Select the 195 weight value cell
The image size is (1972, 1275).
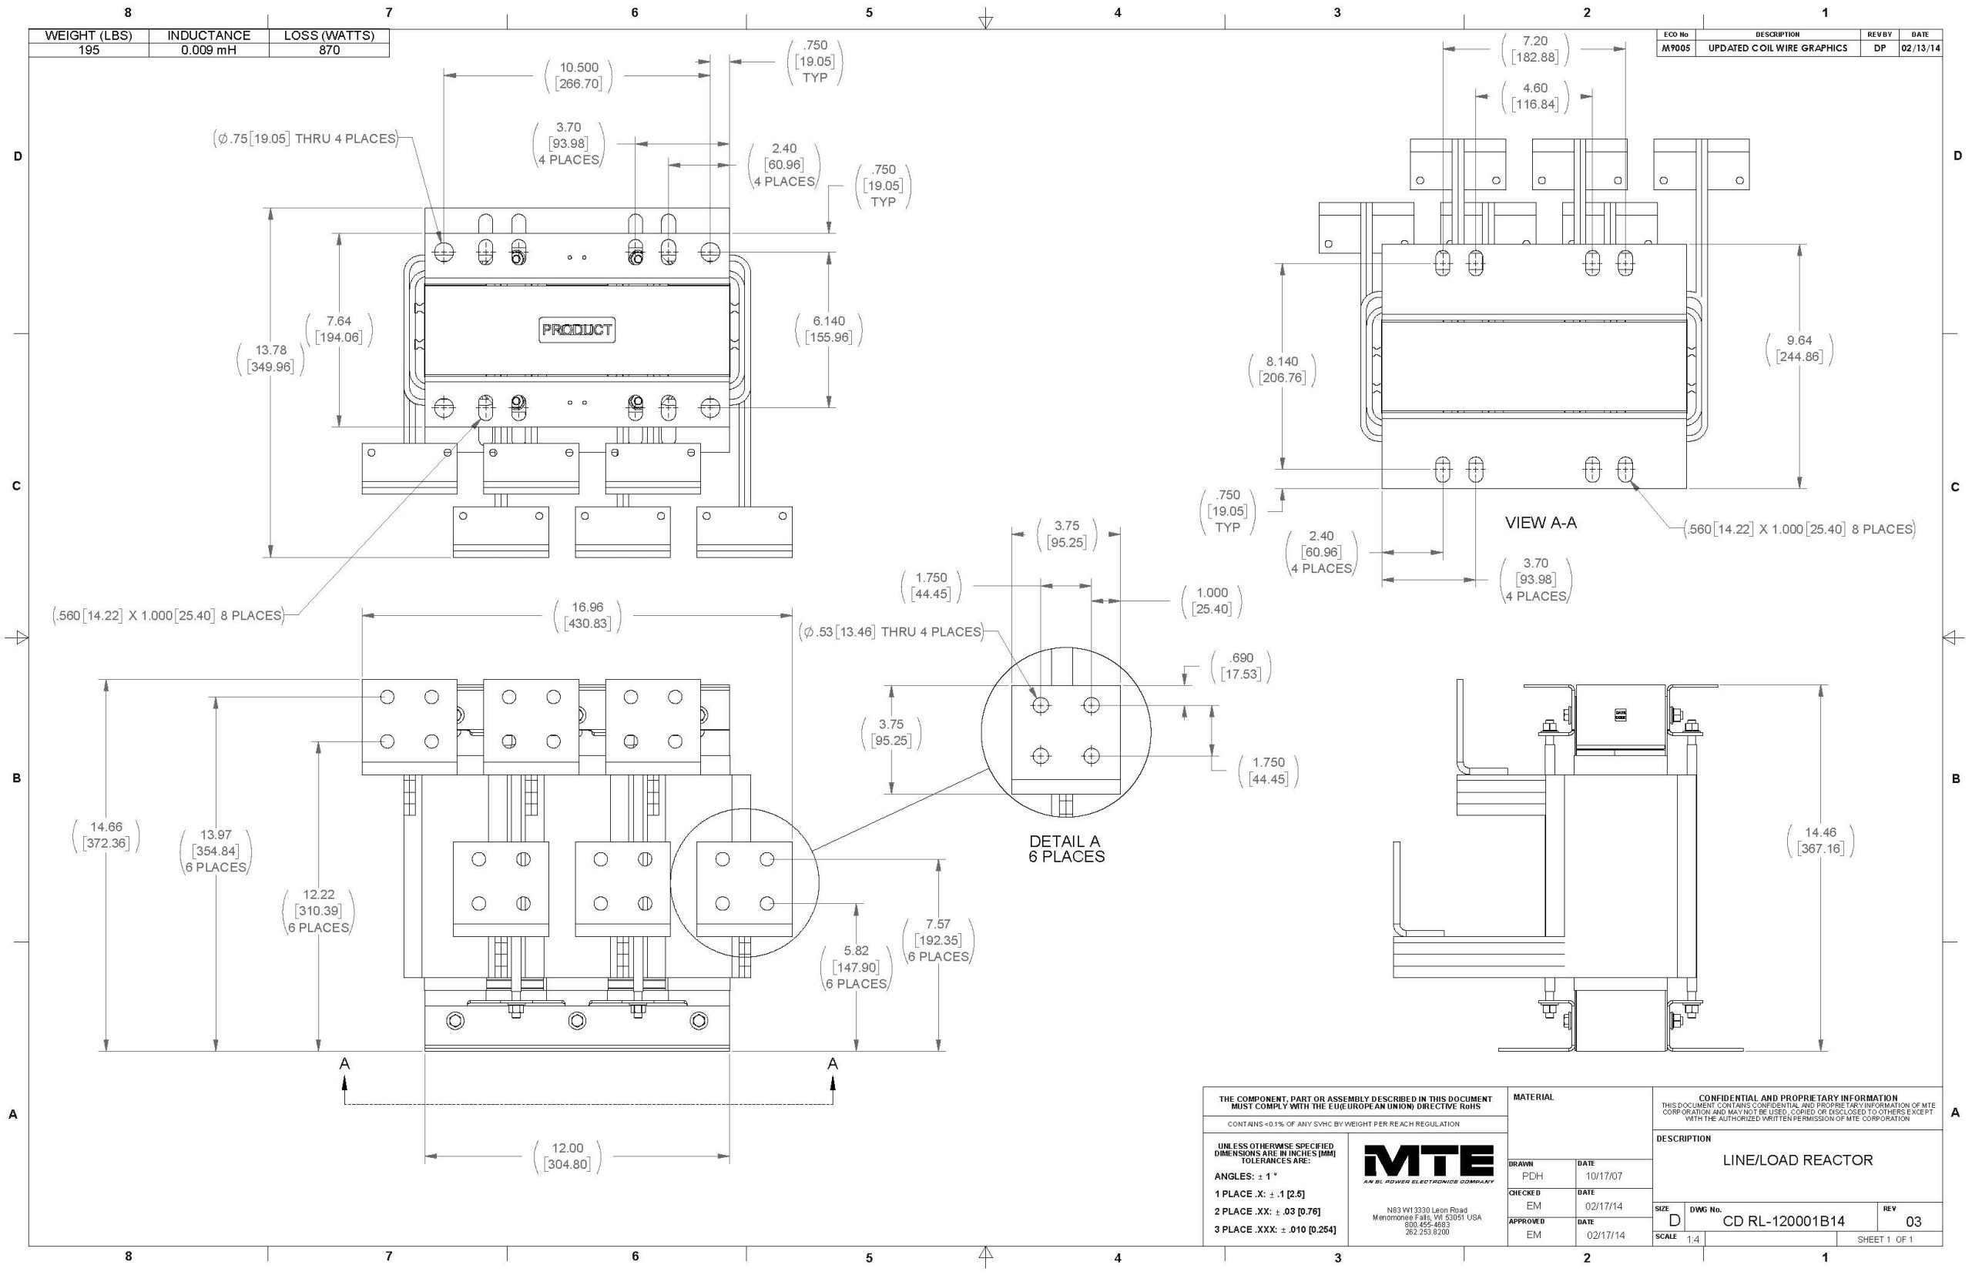coord(89,50)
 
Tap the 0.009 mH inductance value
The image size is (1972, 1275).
coord(209,50)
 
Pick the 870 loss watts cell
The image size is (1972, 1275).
coord(329,50)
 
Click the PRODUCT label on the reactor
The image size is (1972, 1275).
coord(577,330)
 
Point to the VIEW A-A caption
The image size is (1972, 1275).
coord(1540,523)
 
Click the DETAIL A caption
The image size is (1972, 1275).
coord(1066,848)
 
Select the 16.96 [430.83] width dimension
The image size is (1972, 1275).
coord(587,615)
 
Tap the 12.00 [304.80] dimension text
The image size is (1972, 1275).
coord(567,1156)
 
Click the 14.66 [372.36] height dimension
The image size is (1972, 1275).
coord(106,835)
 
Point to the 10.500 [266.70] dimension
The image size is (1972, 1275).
coord(579,75)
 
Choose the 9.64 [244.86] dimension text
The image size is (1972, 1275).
coord(1799,349)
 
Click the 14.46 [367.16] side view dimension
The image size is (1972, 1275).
coord(1820,840)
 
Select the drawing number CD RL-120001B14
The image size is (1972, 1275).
coord(1783,1221)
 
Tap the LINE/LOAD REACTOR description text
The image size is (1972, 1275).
coord(1797,1160)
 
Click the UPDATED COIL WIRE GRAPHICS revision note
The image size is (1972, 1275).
coord(1777,48)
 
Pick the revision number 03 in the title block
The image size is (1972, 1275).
coord(1913,1221)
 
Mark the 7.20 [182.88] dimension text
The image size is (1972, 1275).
coord(1534,49)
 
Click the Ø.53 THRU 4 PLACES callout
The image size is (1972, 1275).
coord(890,631)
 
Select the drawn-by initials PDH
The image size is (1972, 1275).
coord(1532,1176)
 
